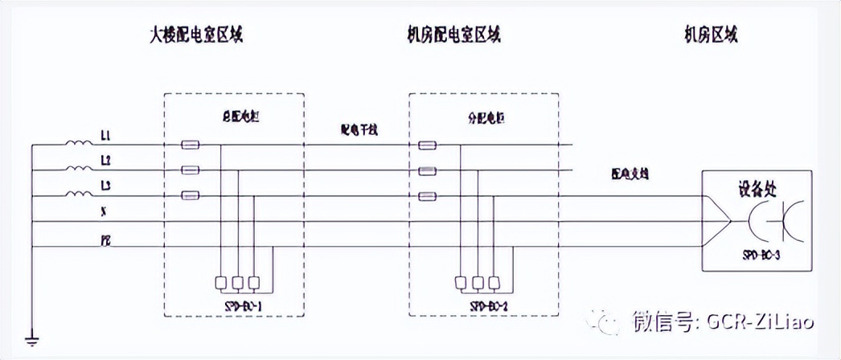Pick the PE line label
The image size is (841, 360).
coord(106,239)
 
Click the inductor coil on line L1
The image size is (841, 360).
coord(79,145)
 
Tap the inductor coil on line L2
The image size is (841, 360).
coord(79,170)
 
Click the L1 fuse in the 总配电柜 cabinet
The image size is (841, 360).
coord(190,145)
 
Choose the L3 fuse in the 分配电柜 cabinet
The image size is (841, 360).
coord(427,195)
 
